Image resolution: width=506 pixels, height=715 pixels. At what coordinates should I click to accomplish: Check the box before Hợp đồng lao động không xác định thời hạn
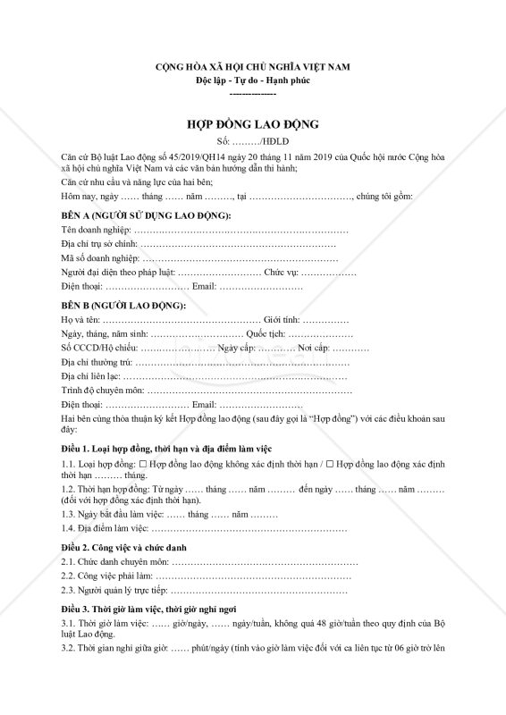(x=142, y=465)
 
